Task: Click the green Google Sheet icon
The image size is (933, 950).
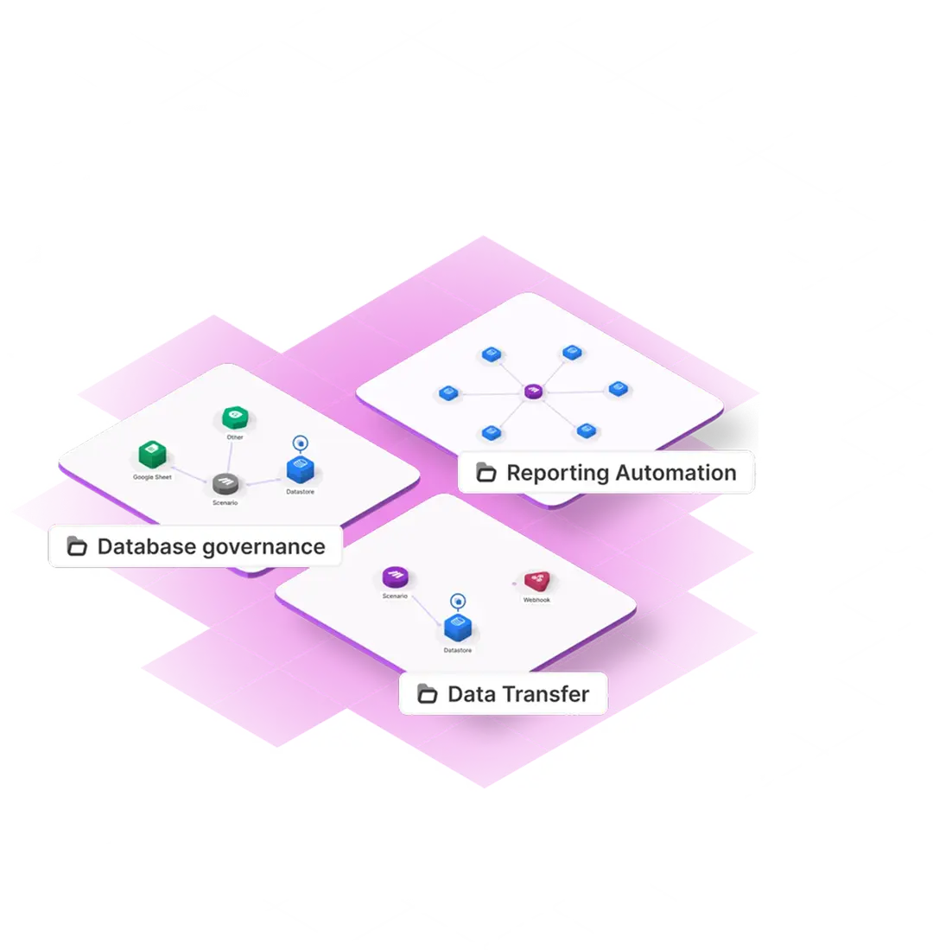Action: (152, 455)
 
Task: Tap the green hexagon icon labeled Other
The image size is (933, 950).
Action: (234, 418)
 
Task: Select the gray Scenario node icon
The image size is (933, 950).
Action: (225, 483)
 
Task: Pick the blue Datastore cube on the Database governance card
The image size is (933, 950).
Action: (300, 469)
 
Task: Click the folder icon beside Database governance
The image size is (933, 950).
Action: (77, 546)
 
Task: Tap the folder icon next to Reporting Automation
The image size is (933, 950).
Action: (486, 473)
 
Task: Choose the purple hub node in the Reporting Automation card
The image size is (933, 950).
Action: (533, 392)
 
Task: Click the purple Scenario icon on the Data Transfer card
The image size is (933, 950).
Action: (395, 577)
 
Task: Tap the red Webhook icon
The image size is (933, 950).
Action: (536, 581)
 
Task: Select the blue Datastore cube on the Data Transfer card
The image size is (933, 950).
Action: (457, 628)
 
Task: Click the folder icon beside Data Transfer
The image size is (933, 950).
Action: (427, 694)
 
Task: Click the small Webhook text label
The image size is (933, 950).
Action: (536, 600)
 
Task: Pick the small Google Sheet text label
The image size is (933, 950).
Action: (152, 477)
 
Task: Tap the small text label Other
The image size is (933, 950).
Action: (235, 437)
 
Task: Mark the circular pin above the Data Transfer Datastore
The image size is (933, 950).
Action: (457, 599)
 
